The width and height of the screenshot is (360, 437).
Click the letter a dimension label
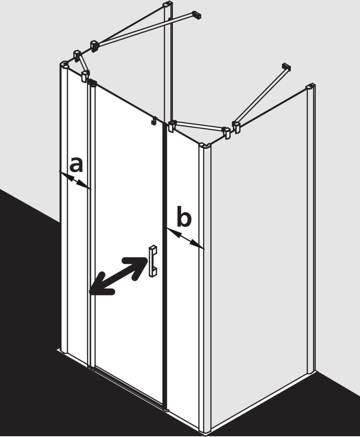pyautogui.click(x=77, y=165)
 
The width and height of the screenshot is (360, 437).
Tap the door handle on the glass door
pyautogui.click(x=153, y=261)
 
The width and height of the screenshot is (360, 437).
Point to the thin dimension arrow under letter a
pyautogui.click(x=75, y=180)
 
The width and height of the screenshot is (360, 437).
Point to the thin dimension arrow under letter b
pyautogui.click(x=185, y=239)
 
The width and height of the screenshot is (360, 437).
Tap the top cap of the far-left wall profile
pyautogui.click(x=64, y=64)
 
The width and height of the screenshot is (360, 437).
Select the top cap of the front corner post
pyautogui.click(x=205, y=146)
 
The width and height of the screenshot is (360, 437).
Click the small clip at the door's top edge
pyautogui.click(x=153, y=121)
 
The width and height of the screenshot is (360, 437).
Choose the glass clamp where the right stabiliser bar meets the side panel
pyautogui.click(x=237, y=127)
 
